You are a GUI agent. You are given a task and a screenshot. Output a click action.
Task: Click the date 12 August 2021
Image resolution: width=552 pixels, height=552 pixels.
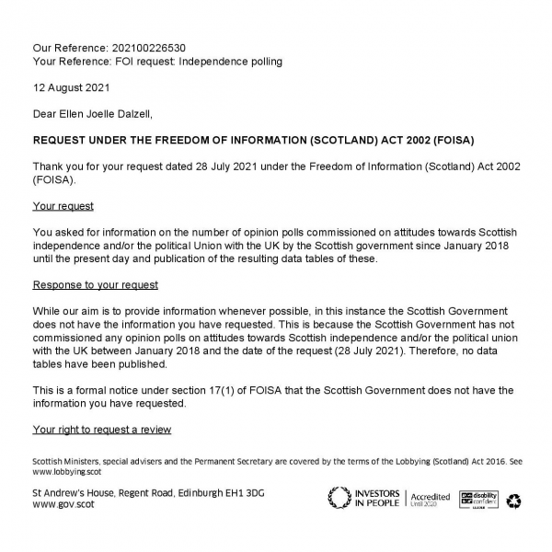click(71, 88)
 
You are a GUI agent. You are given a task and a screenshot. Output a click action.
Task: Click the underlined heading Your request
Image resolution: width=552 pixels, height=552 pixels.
click(63, 206)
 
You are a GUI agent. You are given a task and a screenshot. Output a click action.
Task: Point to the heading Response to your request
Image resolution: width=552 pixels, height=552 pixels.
click(95, 285)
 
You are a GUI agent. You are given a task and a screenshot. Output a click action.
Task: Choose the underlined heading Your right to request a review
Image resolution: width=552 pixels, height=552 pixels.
click(101, 430)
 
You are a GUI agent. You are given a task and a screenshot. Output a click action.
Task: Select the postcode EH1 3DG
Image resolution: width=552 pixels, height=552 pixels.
click(241, 493)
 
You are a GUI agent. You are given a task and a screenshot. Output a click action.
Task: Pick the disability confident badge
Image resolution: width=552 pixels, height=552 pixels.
click(478, 500)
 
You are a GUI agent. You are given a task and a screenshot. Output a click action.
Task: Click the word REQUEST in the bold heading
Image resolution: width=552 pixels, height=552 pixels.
click(64, 141)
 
